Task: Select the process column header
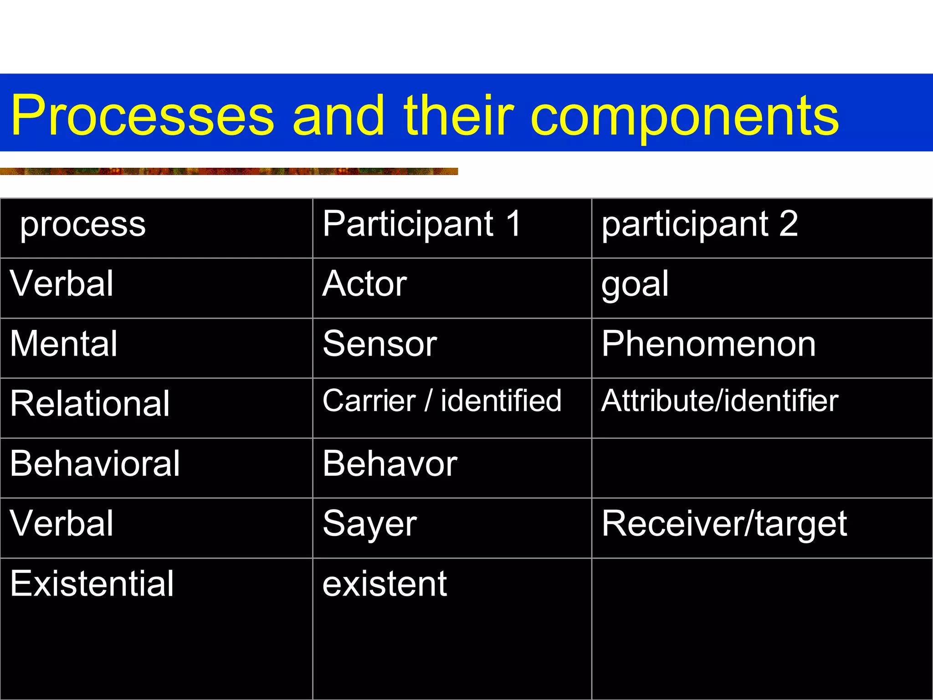[83, 225]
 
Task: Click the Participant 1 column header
[421, 224]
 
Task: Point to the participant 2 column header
[699, 224]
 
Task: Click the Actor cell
[364, 284]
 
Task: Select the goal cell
[635, 285]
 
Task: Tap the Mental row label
[64, 344]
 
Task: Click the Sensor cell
[379, 344]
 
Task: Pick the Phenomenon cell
[708, 344]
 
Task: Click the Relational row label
[90, 404]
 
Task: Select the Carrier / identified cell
[442, 401]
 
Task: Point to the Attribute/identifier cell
[720, 401]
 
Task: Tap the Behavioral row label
[95, 464]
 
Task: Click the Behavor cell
[390, 464]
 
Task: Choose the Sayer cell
[369, 524]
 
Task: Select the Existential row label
[92, 584]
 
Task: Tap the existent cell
[384, 584]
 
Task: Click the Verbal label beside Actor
[62, 284]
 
